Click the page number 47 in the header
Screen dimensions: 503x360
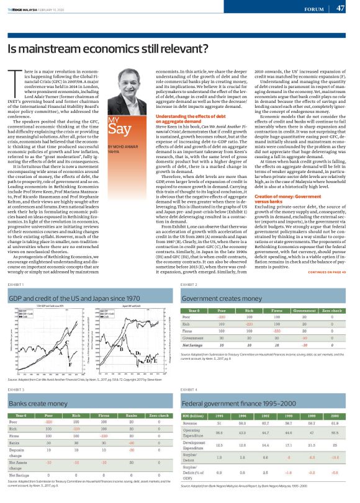[x=340, y=9]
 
